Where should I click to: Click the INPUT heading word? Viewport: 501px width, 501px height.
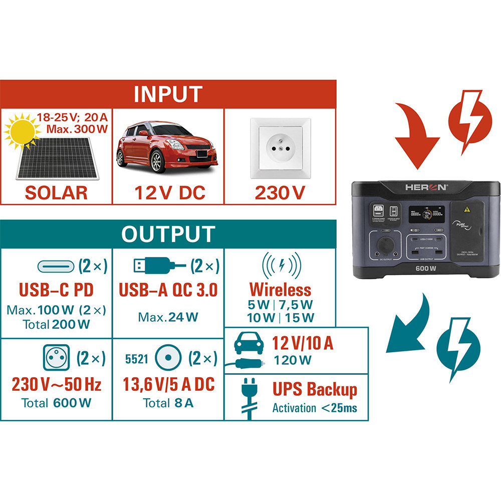168,94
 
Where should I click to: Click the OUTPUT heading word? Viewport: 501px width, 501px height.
168,234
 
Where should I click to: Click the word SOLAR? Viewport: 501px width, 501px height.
56,193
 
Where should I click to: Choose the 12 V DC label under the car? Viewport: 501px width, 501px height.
169,193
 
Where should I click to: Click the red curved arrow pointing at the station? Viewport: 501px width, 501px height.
415,130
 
